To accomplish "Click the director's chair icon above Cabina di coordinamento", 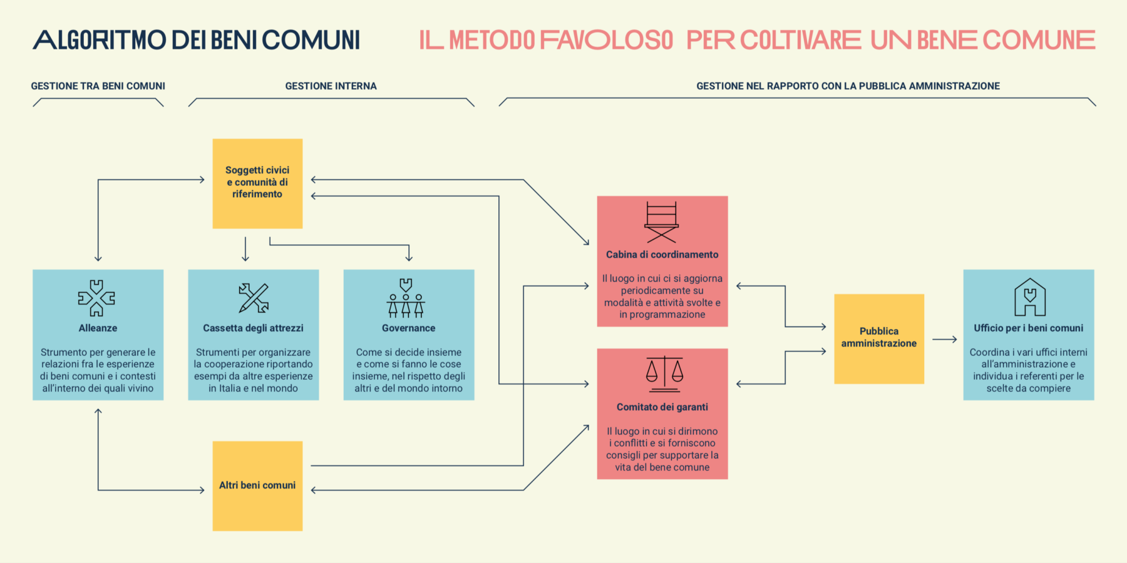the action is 662,222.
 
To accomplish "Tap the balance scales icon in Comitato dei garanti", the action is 664,374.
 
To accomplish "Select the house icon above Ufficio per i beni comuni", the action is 1030,297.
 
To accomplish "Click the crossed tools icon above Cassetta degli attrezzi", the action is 254,298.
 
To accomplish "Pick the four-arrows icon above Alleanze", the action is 96,298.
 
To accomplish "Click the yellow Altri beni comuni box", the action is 257,486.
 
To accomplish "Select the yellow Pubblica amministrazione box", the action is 879,338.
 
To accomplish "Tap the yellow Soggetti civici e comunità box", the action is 257,183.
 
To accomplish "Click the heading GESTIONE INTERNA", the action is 331,86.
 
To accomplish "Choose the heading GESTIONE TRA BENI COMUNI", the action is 98,86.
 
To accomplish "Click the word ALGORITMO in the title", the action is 99,40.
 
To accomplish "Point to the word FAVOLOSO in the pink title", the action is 606,40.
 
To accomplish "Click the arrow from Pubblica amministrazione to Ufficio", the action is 945,339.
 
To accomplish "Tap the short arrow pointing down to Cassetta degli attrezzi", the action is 245,249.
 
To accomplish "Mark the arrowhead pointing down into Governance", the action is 409,257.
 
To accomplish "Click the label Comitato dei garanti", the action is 662,407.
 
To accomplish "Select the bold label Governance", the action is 409,328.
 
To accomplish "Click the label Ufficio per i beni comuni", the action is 1029,328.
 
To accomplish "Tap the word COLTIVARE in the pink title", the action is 801,40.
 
